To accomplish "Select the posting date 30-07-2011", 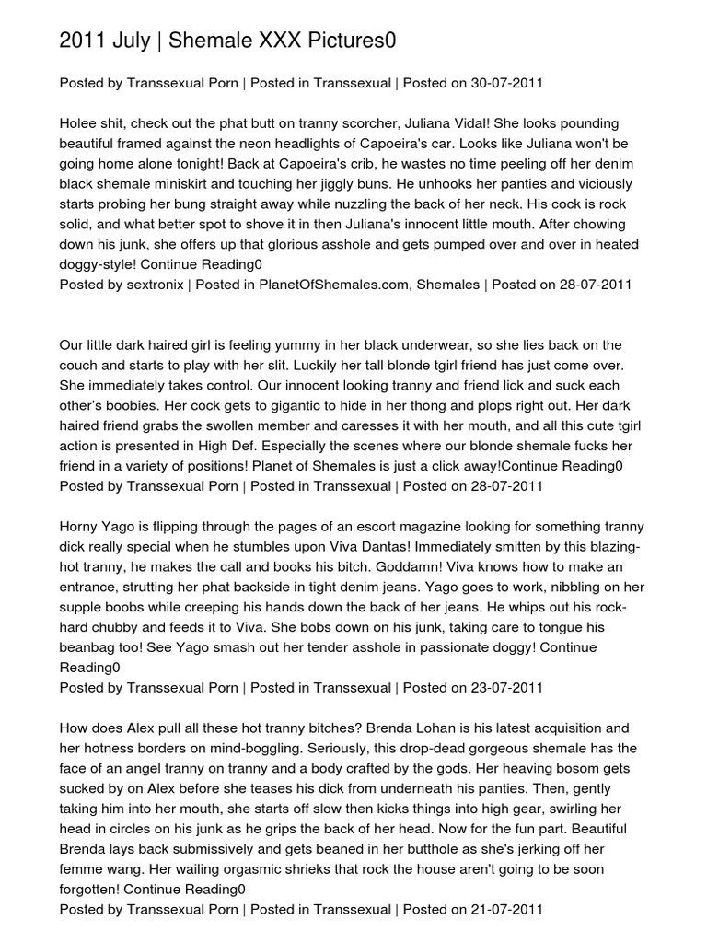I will tap(507, 83).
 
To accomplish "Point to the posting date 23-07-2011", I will tap(507, 687).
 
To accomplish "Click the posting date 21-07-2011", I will tap(507, 909).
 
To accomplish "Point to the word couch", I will tap(80, 365).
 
